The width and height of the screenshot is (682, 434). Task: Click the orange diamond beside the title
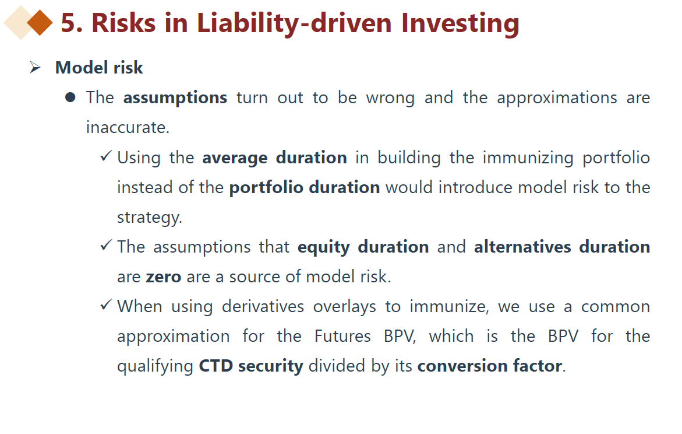coord(40,23)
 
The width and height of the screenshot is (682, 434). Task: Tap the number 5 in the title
coord(69,23)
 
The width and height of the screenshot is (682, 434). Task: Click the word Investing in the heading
coord(460,23)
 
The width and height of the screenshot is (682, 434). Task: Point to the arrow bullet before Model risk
coord(35,68)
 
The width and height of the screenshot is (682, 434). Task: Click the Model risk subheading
coord(99,68)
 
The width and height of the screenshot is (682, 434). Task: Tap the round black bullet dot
coord(70,97)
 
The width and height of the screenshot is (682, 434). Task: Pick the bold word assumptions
coord(175,98)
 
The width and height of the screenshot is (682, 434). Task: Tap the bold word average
coord(235,158)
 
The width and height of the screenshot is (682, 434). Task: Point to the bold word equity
coord(324,247)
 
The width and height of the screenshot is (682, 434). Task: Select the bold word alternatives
coord(522,247)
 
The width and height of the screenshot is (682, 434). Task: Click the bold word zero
coord(164,277)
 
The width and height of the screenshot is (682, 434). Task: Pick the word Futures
coord(342,336)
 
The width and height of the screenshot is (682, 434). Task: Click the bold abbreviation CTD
coord(215,366)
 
